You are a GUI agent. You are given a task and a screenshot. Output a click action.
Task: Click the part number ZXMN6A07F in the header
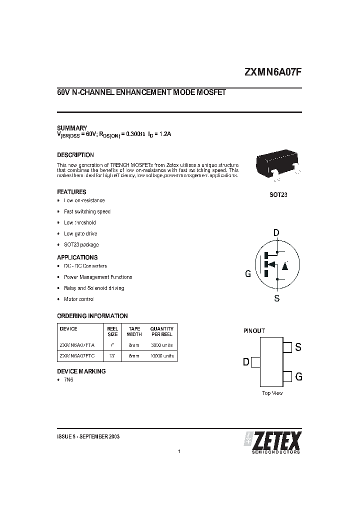pyautogui.click(x=272, y=71)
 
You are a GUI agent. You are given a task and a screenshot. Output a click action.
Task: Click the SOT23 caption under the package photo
pyautogui.click(x=278, y=194)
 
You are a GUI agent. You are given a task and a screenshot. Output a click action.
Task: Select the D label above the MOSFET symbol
pyautogui.click(x=276, y=232)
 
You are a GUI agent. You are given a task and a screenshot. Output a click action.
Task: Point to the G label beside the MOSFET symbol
pyautogui.click(x=248, y=273)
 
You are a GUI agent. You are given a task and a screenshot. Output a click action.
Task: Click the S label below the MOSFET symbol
pyautogui.click(x=276, y=298)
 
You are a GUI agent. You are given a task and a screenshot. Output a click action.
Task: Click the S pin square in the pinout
pyautogui.click(x=287, y=346)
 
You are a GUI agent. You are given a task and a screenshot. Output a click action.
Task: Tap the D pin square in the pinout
pyautogui.click(x=255, y=361)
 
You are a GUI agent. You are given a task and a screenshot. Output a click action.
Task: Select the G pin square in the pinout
pyautogui.click(x=287, y=376)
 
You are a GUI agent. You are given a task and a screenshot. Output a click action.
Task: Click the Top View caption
pyautogui.click(x=272, y=393)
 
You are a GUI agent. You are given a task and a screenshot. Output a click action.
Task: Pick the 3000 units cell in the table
pyautogui.click(x=161, y=345)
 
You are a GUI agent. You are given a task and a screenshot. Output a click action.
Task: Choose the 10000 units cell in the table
pyautogui.click(x=161, y=356)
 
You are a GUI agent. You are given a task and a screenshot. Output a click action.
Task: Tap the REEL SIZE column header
pyautogui.click(x=113, y=331)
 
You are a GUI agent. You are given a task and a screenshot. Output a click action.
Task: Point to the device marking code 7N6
pyautogui.click(x=68, y=380)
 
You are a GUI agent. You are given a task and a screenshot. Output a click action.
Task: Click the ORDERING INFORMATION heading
pyautogui.click(x=92, y=316)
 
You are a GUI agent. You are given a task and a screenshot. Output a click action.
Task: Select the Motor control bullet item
pyautogui.click(x=79, y=299)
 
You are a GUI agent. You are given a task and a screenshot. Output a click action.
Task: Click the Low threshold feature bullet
pyautogui.click(x=80, y=222)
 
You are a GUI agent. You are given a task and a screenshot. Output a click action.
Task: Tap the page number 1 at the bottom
pyautogui.click(x=179, y=451)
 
